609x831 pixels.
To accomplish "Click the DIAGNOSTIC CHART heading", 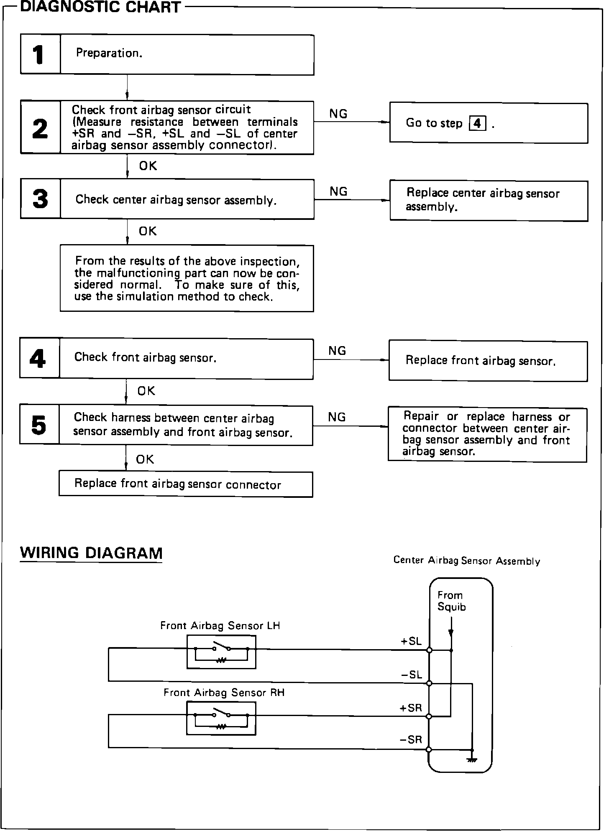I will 100,7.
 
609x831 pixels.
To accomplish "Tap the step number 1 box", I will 40,55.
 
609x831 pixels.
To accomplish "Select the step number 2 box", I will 40,128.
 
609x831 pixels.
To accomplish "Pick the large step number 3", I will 40,199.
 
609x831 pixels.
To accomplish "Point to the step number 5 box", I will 39,425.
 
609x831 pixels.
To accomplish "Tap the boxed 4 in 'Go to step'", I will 478,124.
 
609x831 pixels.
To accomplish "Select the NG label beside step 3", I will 338,191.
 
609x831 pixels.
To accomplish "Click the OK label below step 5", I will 145,459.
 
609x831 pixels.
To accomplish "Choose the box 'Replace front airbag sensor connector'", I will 186,484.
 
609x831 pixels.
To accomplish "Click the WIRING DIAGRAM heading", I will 91,553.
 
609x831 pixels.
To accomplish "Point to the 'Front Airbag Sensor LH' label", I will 220,626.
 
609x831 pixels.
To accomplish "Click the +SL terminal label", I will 411,642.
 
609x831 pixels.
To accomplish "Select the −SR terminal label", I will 411,740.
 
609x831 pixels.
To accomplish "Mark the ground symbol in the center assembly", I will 472,760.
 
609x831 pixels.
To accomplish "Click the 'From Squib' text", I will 451,601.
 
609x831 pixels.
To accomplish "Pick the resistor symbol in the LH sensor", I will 221,660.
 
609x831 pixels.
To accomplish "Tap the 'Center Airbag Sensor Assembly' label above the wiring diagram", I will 466,561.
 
